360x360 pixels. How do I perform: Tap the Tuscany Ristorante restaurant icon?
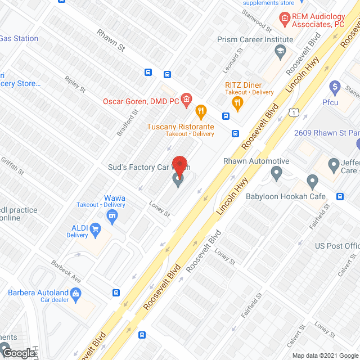(x=199, y=110)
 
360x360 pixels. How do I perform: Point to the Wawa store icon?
(x=112, y=216)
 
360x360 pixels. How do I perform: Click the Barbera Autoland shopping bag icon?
(x=77, y=292)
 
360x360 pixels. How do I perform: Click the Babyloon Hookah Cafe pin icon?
(x=313, y=182)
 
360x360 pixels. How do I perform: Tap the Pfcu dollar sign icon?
(x=335, y=87)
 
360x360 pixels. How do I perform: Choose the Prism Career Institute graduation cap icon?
(x=279, y=52)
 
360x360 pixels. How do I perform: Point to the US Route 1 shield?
(x=294, y=113)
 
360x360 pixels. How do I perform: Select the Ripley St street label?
(x=75, y=84)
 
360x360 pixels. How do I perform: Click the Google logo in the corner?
(x=18, y=353)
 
